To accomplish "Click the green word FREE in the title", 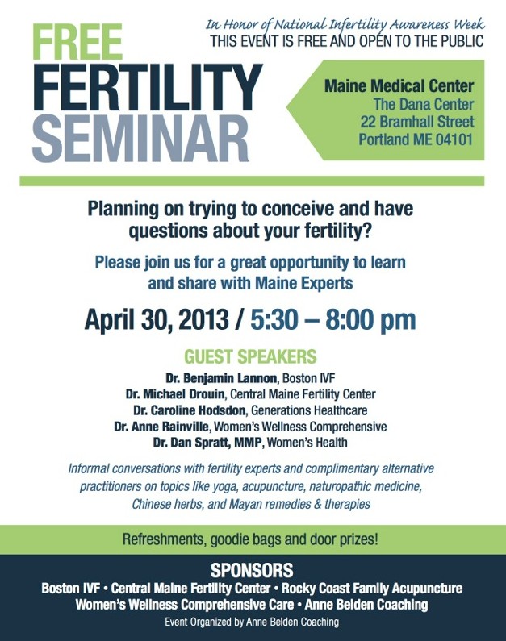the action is pyautogui.click(x=77, y=42).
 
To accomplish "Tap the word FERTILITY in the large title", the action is pyautogui.click(x=148, y=87).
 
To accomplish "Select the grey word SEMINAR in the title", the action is pyautogui.click(x=140, y=138).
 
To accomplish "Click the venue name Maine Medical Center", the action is pyautogui.click(x=399, y=85).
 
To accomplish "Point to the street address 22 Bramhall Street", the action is pyautogui.click(x=417, y=122).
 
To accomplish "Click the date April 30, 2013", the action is pyautogui.click(x=157, y=319).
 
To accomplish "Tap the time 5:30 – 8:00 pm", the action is pyautogui.click(x=333, y=319).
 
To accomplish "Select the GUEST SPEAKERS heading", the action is pyautogui.click(x=250, y=356).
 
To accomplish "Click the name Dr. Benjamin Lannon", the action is pyautogui.click(x=221, y=377).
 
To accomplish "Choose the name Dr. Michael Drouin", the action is pyautogui.click(x=175, y=394).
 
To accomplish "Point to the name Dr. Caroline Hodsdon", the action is pyautogui.click(x=190, y=410).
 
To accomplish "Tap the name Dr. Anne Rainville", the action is pyautogui.click(x=161, y=427).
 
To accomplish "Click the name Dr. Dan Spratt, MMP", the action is pyautogui.click(x=207, y=443).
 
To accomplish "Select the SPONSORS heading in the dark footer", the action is pyautogui.click(x=252, y=570).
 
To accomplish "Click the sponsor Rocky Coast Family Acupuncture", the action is pyautogui.click(x=372, y=589).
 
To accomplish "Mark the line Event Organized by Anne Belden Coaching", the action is pyautogui.click(x=252, y=622).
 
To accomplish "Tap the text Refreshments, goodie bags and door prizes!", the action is pyautogui.click(x=250, y=539).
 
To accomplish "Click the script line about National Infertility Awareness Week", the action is pyautogui.click(x=345, y=24).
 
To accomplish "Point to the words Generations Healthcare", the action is pyautogui.click(x=309, y=410).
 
